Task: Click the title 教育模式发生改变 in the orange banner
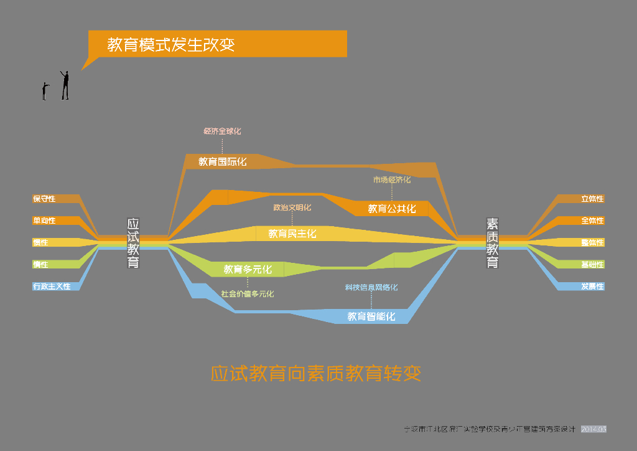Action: (x=170, y=45)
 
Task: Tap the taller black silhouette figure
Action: (x=65, y=85)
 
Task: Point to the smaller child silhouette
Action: (x=44, y=91)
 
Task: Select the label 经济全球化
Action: (x=222, y=131)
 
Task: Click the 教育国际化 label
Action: (x=223, y=162)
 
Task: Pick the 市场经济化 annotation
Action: (x=392, y=180)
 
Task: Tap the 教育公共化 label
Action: (x=392, y=209)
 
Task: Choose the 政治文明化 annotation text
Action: (x=292, y=207)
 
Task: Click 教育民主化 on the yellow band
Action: (x=292, y=234)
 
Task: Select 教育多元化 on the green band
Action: (x=248, y=270)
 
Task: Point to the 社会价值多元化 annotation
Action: (x=248, y=294)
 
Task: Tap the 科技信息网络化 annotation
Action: (x=371, y=288)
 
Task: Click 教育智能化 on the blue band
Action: (x=371, y=316)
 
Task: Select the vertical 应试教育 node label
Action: (x=133, y=243)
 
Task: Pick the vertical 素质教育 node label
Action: (x=492, y=243)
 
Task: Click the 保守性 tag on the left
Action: (x=45, y=199)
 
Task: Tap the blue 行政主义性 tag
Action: (x=52, y=287)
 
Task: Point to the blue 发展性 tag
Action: (x=592, y=287)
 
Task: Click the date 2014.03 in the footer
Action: (x=593, y=429)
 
